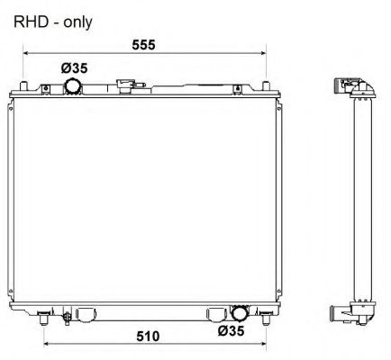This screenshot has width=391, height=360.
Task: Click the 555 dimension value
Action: [x=143, y=45]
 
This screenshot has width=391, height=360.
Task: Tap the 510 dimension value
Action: [x=148, y=337]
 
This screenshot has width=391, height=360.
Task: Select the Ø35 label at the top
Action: [x=74, y=68]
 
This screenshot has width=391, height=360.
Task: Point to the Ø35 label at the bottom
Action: [x=232, y=330]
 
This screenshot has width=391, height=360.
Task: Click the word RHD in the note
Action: [x=31, y=22]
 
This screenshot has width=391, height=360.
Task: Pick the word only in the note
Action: [x=77, y=22]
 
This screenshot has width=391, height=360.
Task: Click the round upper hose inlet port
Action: [x=72, y=86]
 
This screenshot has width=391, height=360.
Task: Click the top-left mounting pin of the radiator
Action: [x=23, y=86]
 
